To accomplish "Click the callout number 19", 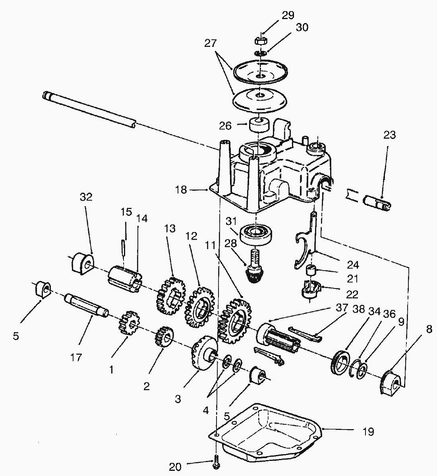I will click(x=368, y=431).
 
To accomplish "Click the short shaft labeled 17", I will click(x=86, y=306).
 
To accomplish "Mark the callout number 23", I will click(x=389, y=135).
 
